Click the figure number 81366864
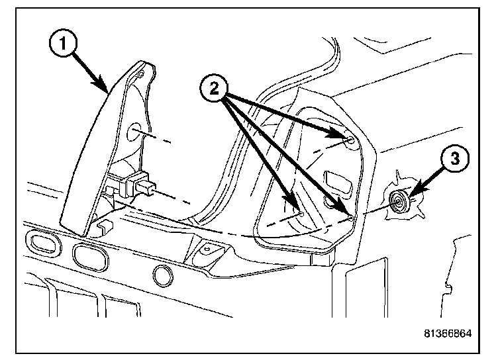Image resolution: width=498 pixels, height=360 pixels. (x=448, y=333)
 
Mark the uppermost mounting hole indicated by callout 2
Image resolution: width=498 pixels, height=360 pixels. (x=348, y=138)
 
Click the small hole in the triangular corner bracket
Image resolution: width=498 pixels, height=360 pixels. (x=205, y=249)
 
